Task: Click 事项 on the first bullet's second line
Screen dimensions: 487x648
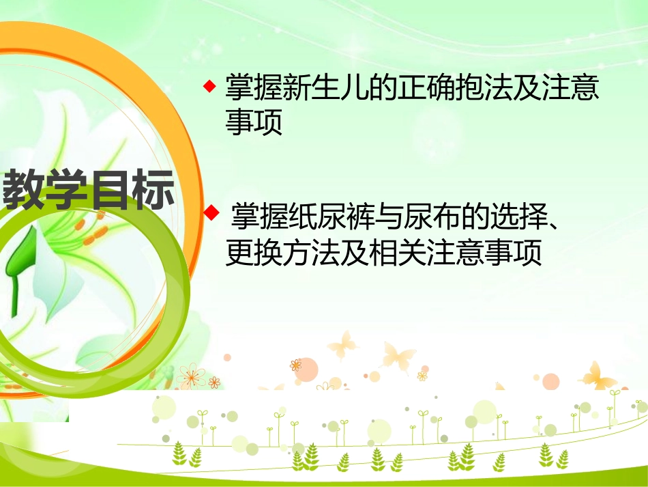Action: [254, 124]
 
